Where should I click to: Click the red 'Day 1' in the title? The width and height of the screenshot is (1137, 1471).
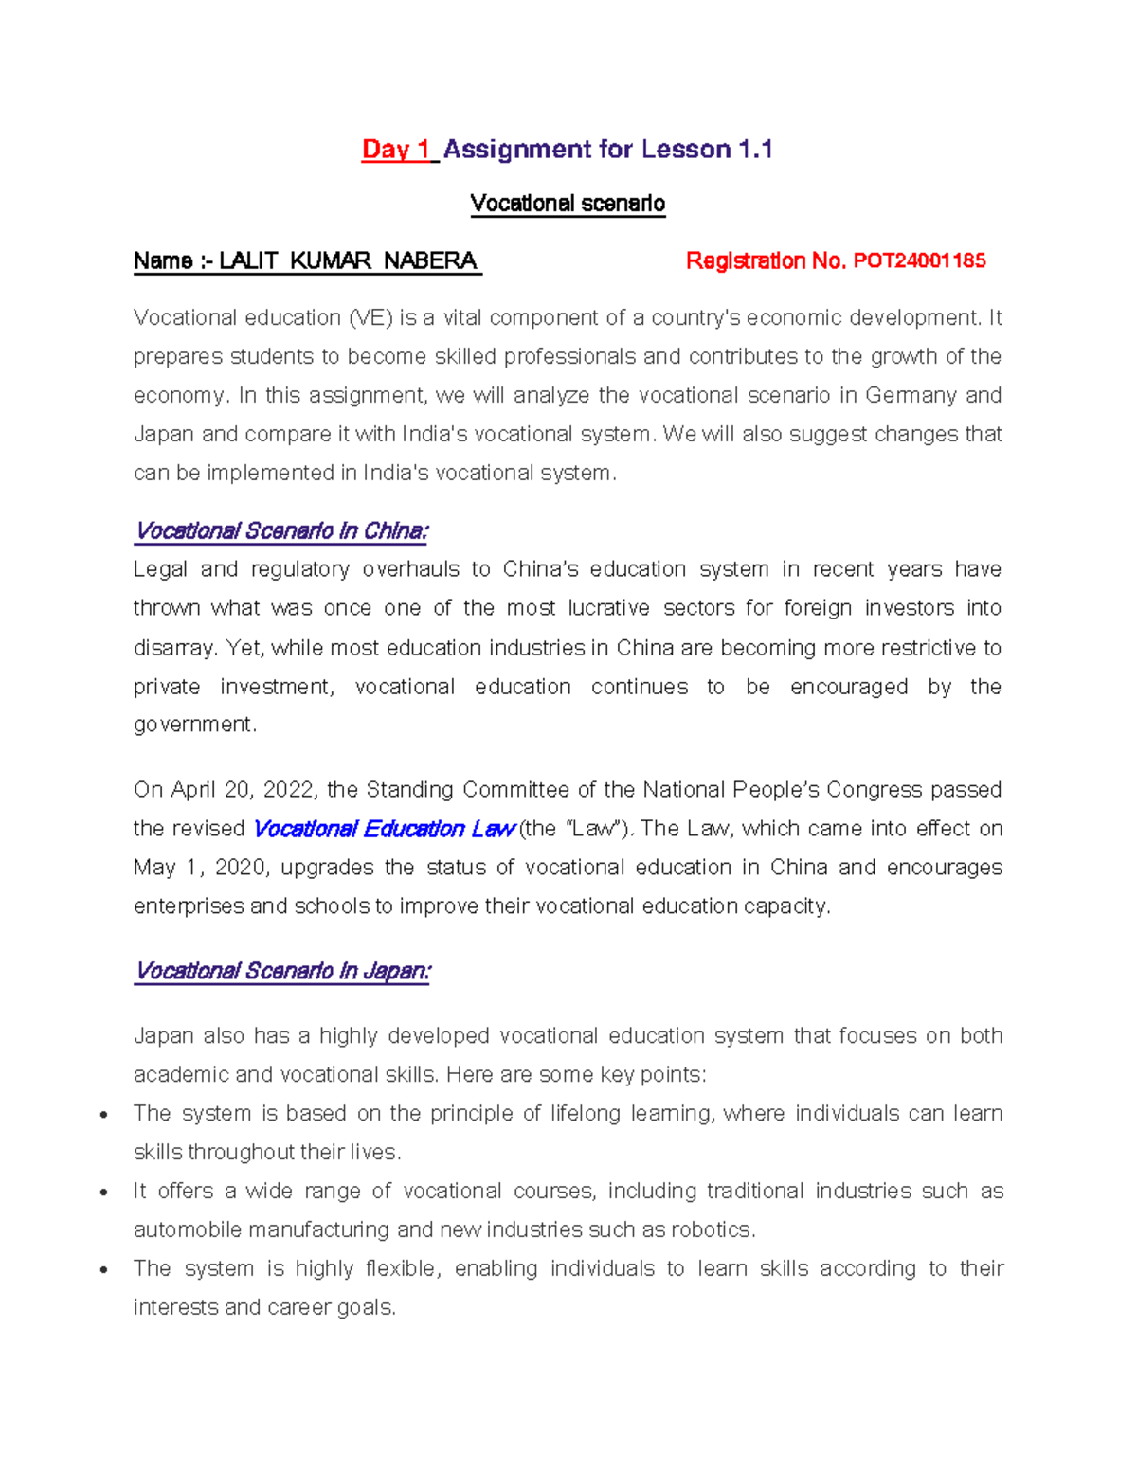[396, 150]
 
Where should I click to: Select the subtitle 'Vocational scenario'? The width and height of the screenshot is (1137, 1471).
[568, 204]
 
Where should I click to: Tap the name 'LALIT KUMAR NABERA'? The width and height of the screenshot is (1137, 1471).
[348, 260]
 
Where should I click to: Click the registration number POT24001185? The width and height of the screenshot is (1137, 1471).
[919, 260]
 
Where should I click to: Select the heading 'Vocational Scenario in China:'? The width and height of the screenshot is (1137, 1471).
[281, 531]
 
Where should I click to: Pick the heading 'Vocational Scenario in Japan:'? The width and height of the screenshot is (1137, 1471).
[282, 972]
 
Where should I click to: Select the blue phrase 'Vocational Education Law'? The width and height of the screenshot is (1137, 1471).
[384, 830]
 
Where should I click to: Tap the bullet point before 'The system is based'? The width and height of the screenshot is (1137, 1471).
[103, 1115]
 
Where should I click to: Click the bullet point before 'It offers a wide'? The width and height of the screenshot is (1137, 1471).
[103, 1193]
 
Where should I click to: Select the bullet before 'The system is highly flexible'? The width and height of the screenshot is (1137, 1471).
[103, 1270]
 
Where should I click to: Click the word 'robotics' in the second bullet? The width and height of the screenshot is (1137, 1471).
[712, 1230]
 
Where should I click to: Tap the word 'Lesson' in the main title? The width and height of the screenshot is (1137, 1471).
[686, 150]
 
